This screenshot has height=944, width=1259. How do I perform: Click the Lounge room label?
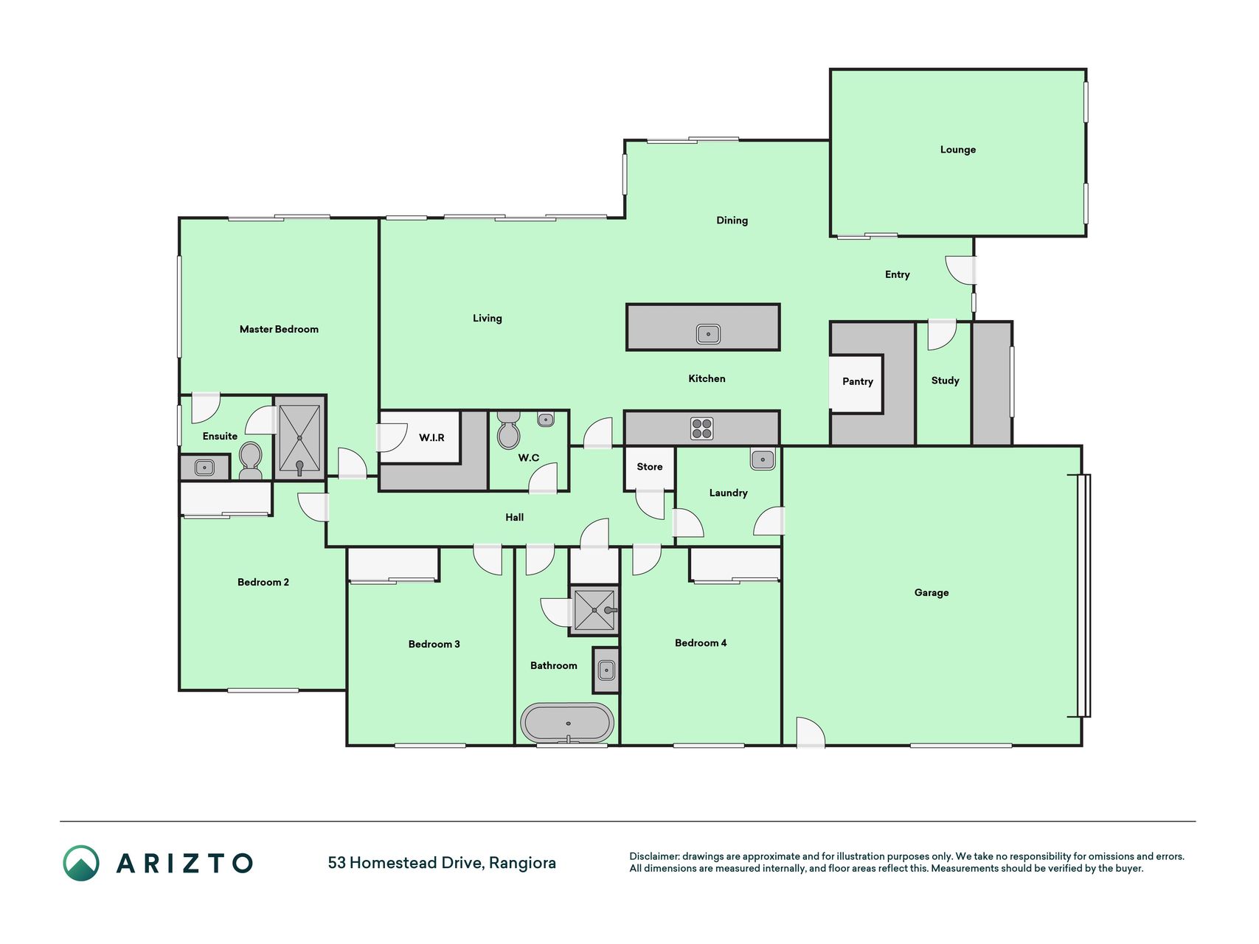click(957, 150)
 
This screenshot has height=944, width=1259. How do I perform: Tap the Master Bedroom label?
click(279, 330)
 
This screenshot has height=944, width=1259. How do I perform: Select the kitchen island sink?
click(708, 334)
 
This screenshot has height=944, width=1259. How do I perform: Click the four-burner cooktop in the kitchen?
click(701, 428)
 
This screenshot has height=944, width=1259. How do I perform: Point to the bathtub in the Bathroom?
click(566, 723)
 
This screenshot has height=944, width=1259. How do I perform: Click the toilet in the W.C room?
click(508, 431)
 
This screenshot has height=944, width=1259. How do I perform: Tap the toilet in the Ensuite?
click(250, 461)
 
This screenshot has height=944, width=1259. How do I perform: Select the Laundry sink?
click(763, 459)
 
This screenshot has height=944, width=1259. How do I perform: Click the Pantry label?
click(857, 381)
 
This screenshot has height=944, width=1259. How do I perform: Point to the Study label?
click(945, 381)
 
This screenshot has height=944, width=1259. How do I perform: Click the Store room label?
click(649, 467)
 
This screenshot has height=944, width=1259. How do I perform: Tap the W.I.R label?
click(431, 438)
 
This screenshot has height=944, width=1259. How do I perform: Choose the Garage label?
click(931, 593)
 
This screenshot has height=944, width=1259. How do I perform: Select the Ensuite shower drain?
click(299, 438)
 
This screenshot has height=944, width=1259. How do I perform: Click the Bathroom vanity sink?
click(606, 670)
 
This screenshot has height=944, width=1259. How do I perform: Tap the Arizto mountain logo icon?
click(81, 863)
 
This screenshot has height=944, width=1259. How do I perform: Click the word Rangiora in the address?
click(522, 863)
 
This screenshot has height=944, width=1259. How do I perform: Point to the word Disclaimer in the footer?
click(654, 856)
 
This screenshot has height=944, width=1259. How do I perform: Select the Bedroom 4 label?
click(701, 643)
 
